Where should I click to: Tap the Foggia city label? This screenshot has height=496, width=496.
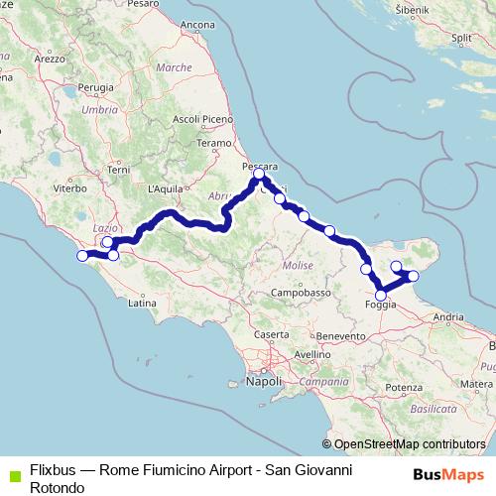[381, 306]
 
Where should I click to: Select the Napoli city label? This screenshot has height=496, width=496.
[264, 381]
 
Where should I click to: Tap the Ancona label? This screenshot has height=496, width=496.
[198, 24]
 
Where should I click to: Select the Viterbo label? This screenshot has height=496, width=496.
[70, 186]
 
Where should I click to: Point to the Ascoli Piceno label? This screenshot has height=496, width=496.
[201, 119]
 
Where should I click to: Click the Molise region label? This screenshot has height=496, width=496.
[298, 266]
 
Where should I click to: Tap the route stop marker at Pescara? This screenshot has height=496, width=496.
[259, 175]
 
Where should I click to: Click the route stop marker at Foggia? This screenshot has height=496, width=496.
[381, 294]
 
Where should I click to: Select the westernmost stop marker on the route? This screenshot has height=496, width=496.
[82, 256]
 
